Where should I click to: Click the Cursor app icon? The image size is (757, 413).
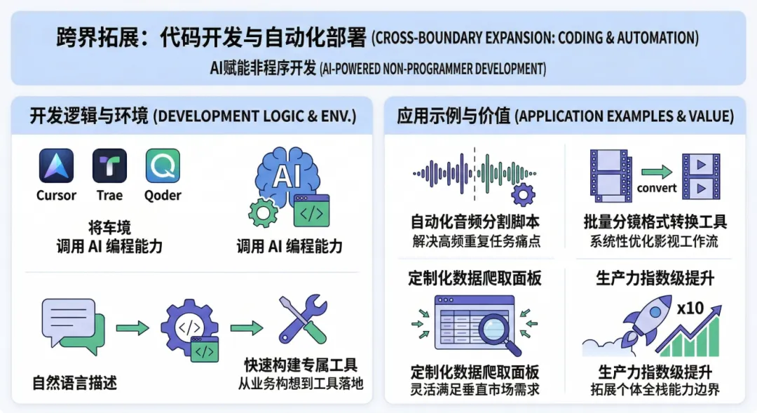[56, 166]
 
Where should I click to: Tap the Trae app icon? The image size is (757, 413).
[109, 166]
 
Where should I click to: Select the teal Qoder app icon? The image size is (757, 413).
[163, 166]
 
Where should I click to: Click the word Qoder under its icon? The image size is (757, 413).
[163, 196]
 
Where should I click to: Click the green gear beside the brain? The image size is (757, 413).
[263, 211]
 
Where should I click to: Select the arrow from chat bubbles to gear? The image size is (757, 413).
[132, 327]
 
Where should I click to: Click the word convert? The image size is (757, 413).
[657, 188]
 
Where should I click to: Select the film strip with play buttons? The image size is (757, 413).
[700, 176]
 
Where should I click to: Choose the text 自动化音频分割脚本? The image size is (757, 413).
[475, 222]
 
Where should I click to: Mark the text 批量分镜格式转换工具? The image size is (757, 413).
[655, 222]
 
